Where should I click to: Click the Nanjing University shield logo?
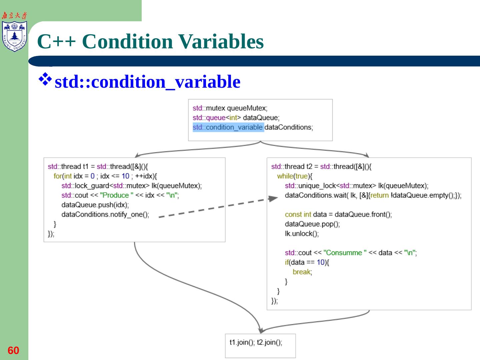[x=14, y=36]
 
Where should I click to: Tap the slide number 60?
[x=13, y=350]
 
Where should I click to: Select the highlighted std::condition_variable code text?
[x=228, y=127]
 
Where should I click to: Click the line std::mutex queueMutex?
[x=230, y=108]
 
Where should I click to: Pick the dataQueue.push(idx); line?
[x=95, y=205]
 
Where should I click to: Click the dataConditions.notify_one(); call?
[x=105, y=214]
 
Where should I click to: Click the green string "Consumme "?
[x=345, y=253]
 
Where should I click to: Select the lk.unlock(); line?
[x=302, y=234]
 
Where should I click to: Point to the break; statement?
[x=302, y=272]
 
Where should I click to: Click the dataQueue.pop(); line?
[x=312, y=224]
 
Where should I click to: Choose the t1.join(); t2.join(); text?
[x=256, y=342]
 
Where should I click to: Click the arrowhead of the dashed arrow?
[x=273, y=199]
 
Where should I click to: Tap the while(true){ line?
[x=295, y=176]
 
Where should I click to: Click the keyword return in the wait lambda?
[x=379, y=195]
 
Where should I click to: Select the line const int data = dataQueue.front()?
[x=338, y=214]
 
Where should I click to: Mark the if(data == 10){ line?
[x=307, y=262]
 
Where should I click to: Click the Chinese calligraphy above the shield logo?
[x=14, y=15]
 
